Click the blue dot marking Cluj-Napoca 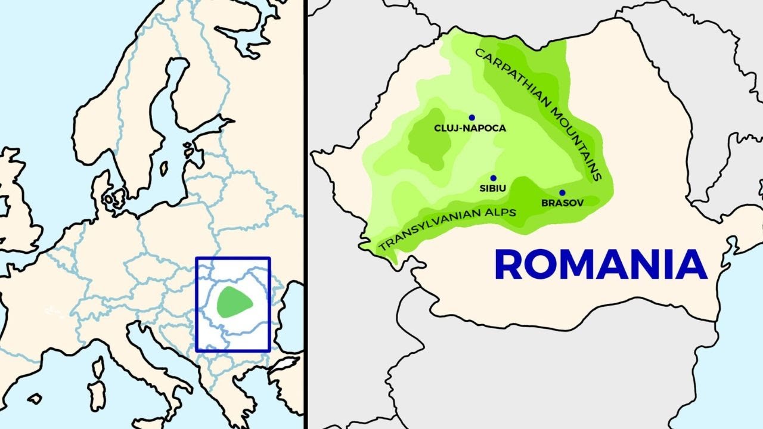[472, 117]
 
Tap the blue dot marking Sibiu [493, 178]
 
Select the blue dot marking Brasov [562, 193]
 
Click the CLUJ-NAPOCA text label [470, 128]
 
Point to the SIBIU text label [493, 188]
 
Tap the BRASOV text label [562, 203]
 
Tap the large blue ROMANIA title [600, 265]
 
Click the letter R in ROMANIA [509, 265]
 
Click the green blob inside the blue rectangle [234, 301]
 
